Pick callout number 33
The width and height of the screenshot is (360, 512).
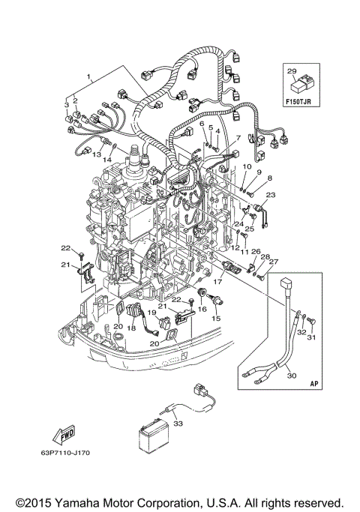click(177, 424)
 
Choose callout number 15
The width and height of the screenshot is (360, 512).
click(217, 318)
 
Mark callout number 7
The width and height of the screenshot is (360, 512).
click(238, 137)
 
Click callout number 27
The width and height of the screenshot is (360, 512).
click(273, 262)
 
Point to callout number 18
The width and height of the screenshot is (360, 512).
click(132, 328)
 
